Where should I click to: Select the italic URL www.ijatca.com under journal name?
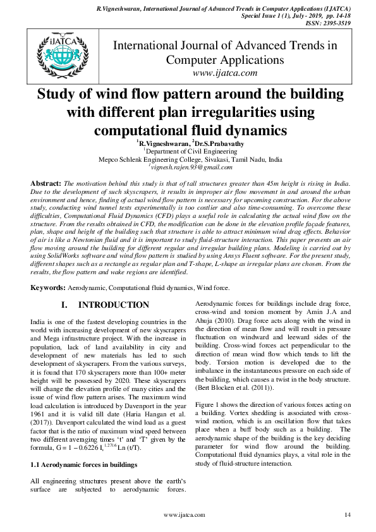click(225, 73)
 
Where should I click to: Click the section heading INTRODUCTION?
click(113, 305)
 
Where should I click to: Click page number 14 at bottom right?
click(347, 516)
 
